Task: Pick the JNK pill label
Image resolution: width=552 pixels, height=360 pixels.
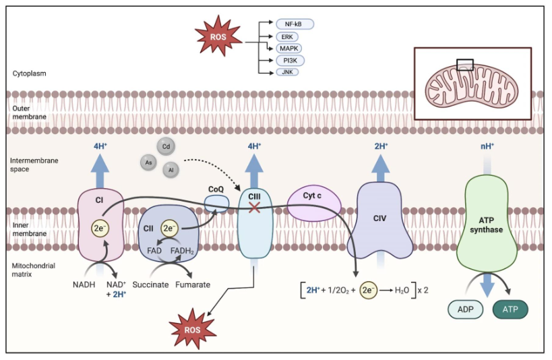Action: (287, 72)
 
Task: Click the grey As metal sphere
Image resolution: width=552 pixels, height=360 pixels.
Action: (148, 162)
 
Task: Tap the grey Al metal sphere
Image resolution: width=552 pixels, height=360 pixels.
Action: (171, 170)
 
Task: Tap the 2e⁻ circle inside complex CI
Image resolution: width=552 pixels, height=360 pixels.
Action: (101, 228)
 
